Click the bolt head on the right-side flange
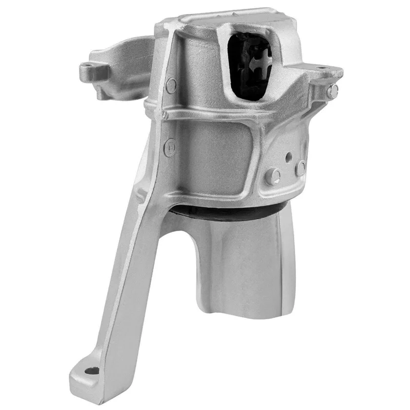pos(334,91)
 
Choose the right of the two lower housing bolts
pos(301,167)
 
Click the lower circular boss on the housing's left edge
pos(170,148)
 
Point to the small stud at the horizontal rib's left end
pos(165,115)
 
